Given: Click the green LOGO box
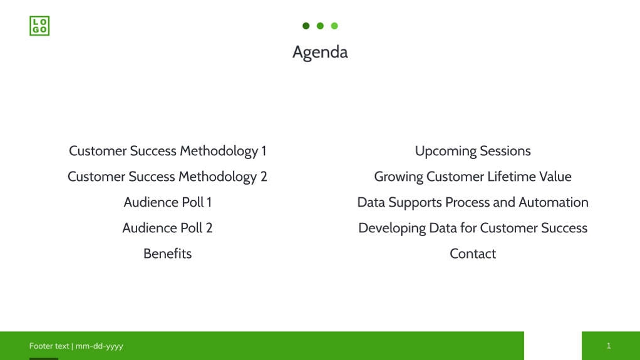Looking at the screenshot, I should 39,26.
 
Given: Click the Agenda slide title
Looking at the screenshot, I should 320,52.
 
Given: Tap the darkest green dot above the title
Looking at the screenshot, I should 306,26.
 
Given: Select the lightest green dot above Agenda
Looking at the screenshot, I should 334,26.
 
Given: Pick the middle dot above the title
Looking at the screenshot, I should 320,26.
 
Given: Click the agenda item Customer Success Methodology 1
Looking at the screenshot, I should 167,151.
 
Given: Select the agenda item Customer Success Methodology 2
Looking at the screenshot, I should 167,177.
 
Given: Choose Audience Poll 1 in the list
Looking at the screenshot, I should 167,202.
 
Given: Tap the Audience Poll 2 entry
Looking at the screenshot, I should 167,228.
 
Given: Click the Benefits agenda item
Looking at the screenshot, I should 167,254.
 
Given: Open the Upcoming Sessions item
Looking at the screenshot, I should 473,151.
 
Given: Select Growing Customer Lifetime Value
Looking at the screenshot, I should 473,177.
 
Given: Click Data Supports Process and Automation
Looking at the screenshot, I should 473,202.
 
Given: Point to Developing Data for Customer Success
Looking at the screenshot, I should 473,228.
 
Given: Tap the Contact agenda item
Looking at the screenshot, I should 473,254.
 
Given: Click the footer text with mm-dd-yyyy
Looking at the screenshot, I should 76,346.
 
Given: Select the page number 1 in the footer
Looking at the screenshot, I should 609,346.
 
